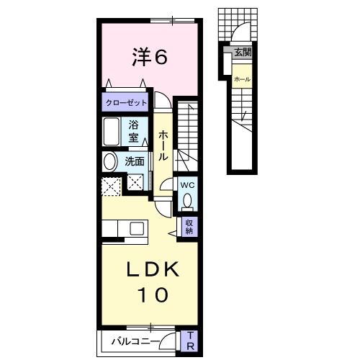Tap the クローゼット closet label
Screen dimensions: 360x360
pyautogui.click(x=127, y=102)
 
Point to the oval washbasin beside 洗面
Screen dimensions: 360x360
pyautogui.click(x=110, y=162)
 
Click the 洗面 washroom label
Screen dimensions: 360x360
pyautogui.click(x=135, y=162)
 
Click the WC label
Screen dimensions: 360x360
pyautogui.click(x=186, y=184)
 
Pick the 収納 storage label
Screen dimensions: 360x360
pyautogui.click(x=189, y=227)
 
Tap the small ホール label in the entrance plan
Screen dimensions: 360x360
pyautogui.click(x=242, y=78)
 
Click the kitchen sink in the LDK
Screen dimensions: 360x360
pyautogui.click(x=135, y=229)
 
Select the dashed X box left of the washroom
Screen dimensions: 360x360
pyautogui.click(x=112, y=185)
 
